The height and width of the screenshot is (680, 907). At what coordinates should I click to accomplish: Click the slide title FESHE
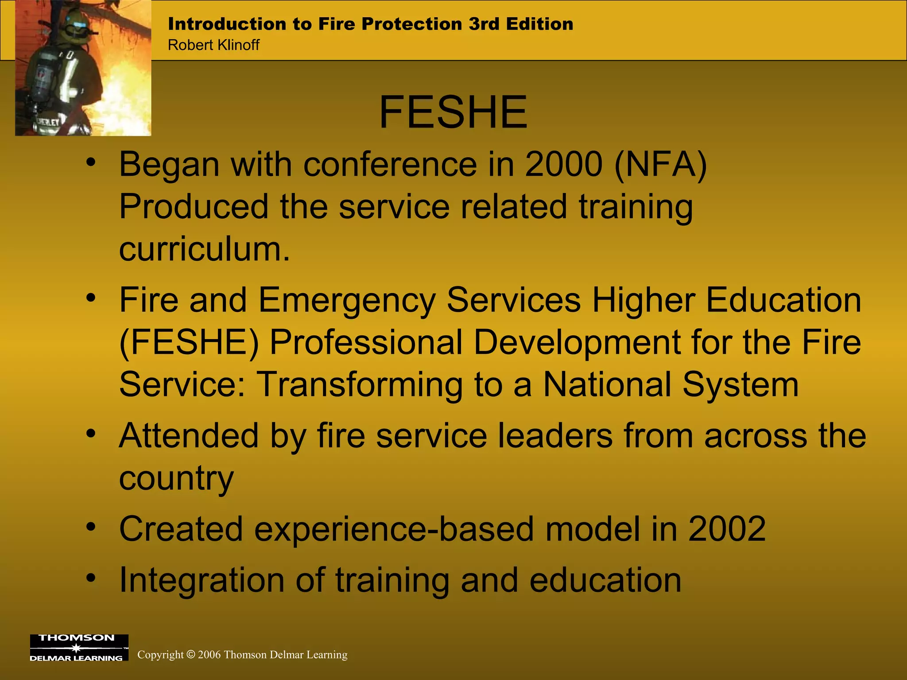pos(453,113)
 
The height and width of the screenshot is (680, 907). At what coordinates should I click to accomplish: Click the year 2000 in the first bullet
pos(563,164)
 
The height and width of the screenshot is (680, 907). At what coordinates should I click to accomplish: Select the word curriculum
pos(204,249)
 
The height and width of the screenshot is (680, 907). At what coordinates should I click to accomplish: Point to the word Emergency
pos(347,300)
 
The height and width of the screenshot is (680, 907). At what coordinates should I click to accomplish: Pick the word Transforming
pos(360,384)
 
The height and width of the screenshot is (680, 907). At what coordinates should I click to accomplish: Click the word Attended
pos(189,436)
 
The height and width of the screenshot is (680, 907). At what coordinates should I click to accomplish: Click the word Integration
pos(202,580)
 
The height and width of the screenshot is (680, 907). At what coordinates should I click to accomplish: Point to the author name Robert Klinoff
pos(213,45)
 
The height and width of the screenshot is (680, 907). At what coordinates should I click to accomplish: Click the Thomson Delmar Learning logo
pos(79,647)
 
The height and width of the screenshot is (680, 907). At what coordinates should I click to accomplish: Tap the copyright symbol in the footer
pos(191,654)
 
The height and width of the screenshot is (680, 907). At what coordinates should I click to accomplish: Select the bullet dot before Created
pos(91,527)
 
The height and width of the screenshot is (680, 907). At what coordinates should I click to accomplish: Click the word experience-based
pos(394,529)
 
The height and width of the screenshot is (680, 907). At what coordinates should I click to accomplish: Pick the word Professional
pos(366,342)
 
